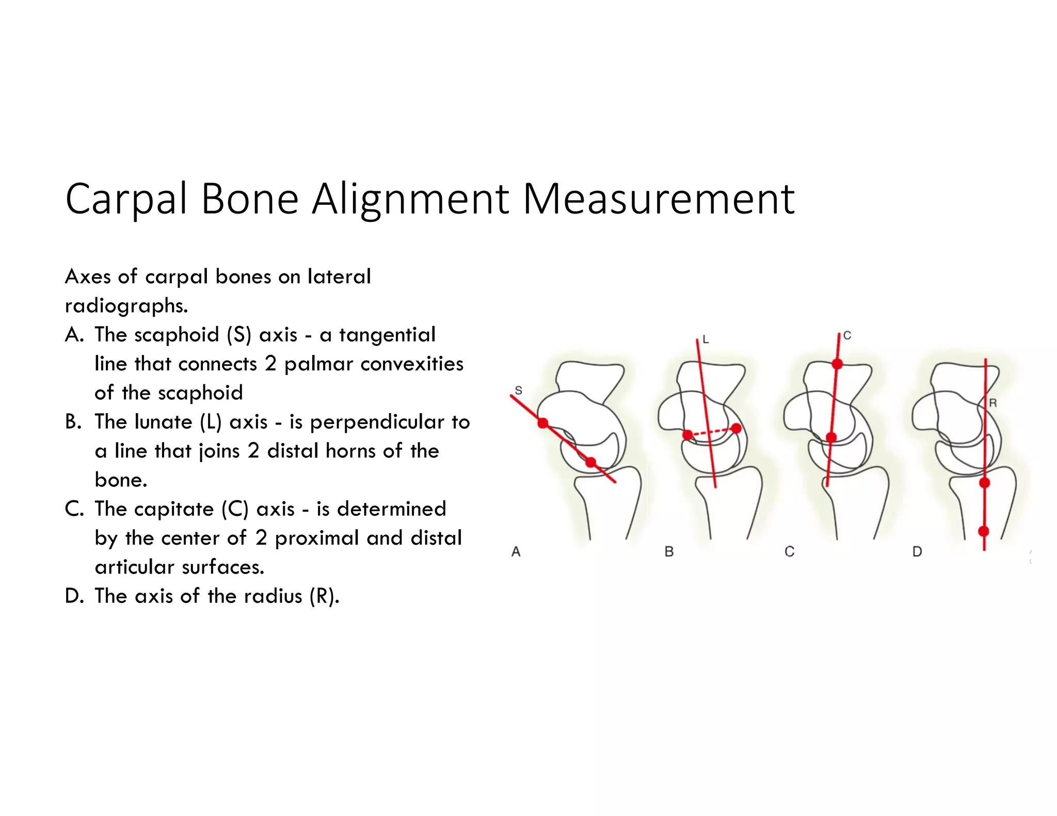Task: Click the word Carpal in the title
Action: tap(126, 200)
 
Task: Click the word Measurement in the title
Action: tap(659, 200)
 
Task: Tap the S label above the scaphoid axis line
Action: tap(518, 390)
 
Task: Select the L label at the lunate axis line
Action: tap(706, 339)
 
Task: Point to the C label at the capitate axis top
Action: tap(847, 336)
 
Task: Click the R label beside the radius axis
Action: tap(992, 403)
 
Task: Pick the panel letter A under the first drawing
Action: tap(516, 552)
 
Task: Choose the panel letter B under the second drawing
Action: tap(669, 552)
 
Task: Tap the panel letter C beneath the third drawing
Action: tap(789, 552)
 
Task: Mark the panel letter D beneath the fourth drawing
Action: tap(917, 552)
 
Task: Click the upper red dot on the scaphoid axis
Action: tap(543, 423)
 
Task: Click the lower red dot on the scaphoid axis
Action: tap(591, 462)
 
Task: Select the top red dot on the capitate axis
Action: tap(837, 364)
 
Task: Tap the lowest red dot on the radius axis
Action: tap(984, 531)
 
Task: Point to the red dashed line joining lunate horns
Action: tap(712, 432)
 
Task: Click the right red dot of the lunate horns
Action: tap(736, 429)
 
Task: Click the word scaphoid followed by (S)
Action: tap(177, 335)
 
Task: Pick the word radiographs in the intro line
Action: tap(126, 306)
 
